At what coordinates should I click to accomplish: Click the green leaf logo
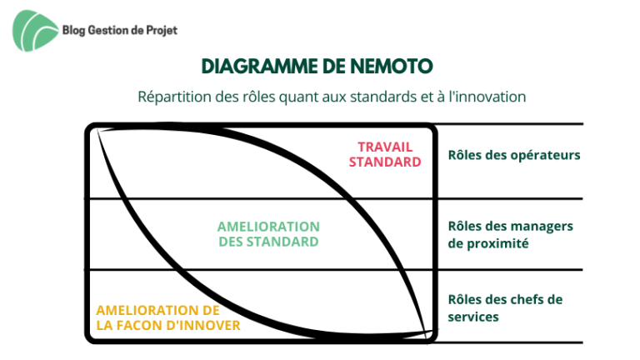tap(35, 31)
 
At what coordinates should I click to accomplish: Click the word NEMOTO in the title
tap(392, 67)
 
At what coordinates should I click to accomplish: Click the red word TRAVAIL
tap(385, 147)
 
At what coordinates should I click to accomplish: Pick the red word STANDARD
tap(385, 162)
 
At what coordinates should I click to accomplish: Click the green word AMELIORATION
tap(268, 227)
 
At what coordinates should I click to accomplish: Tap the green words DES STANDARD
tap(268, 242)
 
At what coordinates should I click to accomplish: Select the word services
tap(473, 317)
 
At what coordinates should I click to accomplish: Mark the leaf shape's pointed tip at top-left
tap(97, 130)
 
